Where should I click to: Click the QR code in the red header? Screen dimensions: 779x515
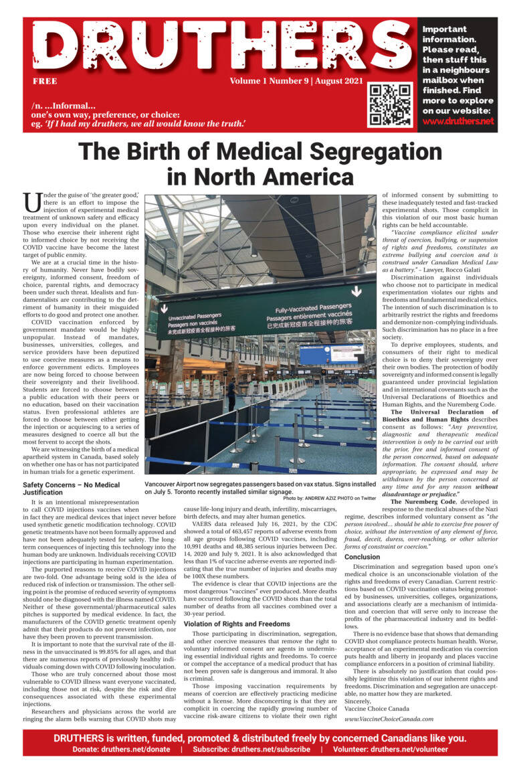pos(391,105)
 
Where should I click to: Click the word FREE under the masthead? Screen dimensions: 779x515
pos(44,81)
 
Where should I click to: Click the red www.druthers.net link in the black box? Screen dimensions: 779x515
pos(458,121)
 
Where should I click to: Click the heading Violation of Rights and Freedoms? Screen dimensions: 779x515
pos(237,624)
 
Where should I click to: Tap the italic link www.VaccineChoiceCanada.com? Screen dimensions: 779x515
pos(389,719)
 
